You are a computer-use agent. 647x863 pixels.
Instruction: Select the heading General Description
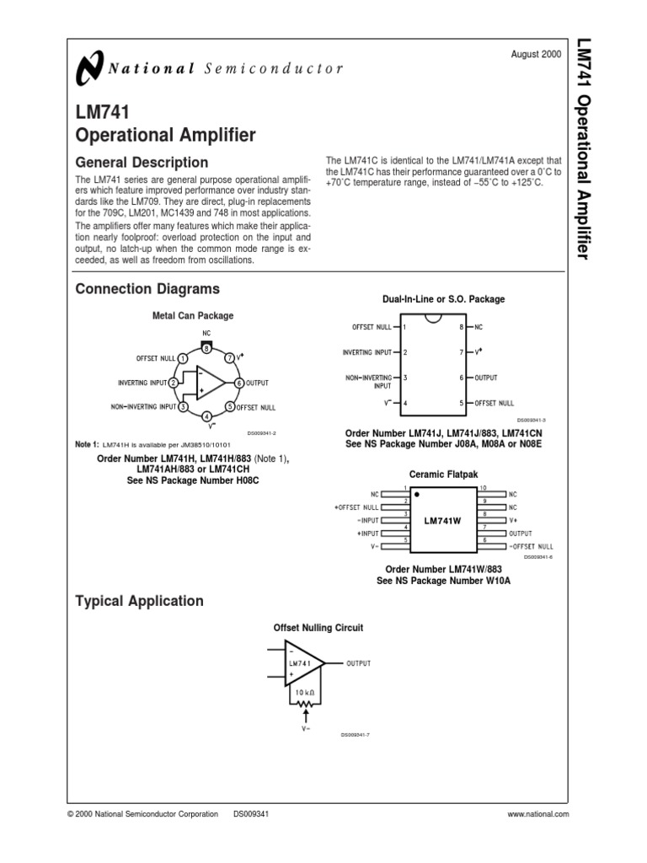(142, 162)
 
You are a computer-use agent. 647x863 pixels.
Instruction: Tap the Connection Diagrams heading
(147, 289)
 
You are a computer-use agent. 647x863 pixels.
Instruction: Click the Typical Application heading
(139, 601)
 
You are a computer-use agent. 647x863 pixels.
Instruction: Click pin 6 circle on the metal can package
(239, 383)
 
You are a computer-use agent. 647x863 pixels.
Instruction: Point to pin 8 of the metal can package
(206, 349)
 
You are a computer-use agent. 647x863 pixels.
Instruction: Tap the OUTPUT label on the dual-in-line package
(486, 378)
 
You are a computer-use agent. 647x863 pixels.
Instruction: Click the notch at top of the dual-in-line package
(433, 318)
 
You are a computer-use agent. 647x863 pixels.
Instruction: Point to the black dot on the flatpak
(416, 495)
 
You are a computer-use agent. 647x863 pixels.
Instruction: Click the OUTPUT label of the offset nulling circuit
(358, 663)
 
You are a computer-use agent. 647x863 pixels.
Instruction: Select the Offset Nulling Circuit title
(319, 628)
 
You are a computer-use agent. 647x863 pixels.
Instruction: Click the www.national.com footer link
(538, 814)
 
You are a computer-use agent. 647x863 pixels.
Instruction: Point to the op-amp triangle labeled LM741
(304, 664)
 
